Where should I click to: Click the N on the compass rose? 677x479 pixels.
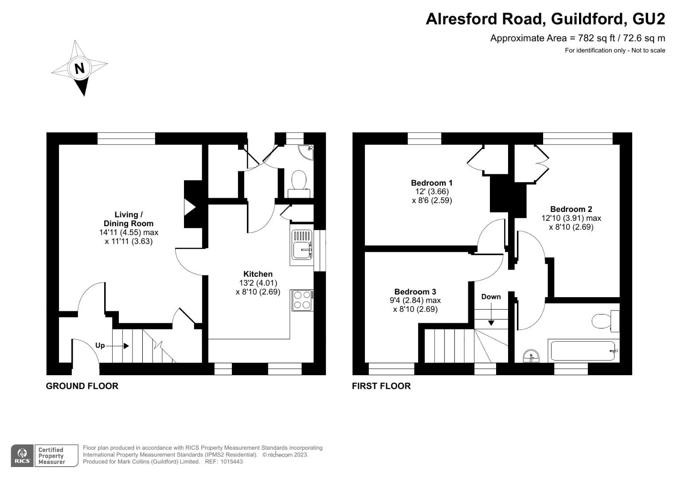[79, 68]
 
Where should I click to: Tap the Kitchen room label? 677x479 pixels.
[258, 274]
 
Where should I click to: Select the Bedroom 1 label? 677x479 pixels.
[431, 183]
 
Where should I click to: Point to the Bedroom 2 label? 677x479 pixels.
[571, 209]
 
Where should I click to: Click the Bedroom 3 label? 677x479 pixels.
[415, 292]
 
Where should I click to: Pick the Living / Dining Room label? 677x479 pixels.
[129, 219]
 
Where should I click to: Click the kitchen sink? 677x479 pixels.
[302, 245]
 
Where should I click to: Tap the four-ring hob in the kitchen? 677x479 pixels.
[302, 300]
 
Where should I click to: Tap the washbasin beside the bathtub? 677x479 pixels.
[531, 356]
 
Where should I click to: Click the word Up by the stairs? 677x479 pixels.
[100, 346]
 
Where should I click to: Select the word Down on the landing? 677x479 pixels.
[491, 297]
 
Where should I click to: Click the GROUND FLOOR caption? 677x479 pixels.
[82, 386]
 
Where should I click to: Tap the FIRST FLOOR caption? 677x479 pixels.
[381, 386]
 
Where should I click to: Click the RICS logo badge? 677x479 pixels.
[22, 456]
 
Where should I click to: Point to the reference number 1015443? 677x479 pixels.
[231, 462]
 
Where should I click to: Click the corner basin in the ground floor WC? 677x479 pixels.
[307, 151]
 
